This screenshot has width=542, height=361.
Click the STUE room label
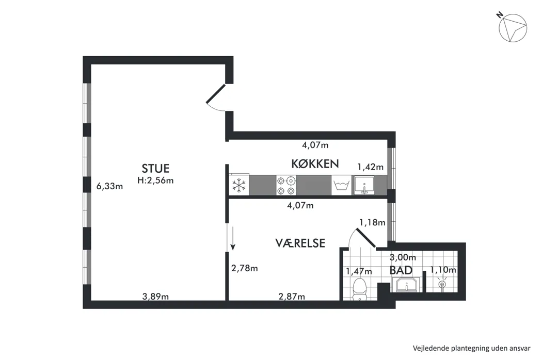(x=155, y=168)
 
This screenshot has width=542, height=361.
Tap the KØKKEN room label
(x=315, y=163)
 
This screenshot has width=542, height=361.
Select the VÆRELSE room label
(x=300, y=243)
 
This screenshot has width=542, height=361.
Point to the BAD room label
(x=401, y=270)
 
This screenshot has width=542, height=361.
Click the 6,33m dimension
(x=109, y=187)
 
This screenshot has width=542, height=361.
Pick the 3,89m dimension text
(x=155, y=297)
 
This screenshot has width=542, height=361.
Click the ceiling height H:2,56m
(x=155, y=180)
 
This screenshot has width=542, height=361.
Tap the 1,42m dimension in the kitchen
(x=370, y=167)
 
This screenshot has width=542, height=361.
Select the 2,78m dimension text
(x=244, y=268)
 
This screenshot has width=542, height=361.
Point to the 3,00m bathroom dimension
(x=403, y=257)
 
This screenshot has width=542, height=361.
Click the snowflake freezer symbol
(x=238, y=185)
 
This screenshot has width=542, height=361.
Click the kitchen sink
(x=364, y=185)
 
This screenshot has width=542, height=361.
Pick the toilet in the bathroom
(x=359, y=289)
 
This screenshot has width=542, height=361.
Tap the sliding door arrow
(x=233, y=238)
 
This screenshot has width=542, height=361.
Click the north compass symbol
(x=513, y=28)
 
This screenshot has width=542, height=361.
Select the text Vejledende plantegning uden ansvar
(x=471, y=348)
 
